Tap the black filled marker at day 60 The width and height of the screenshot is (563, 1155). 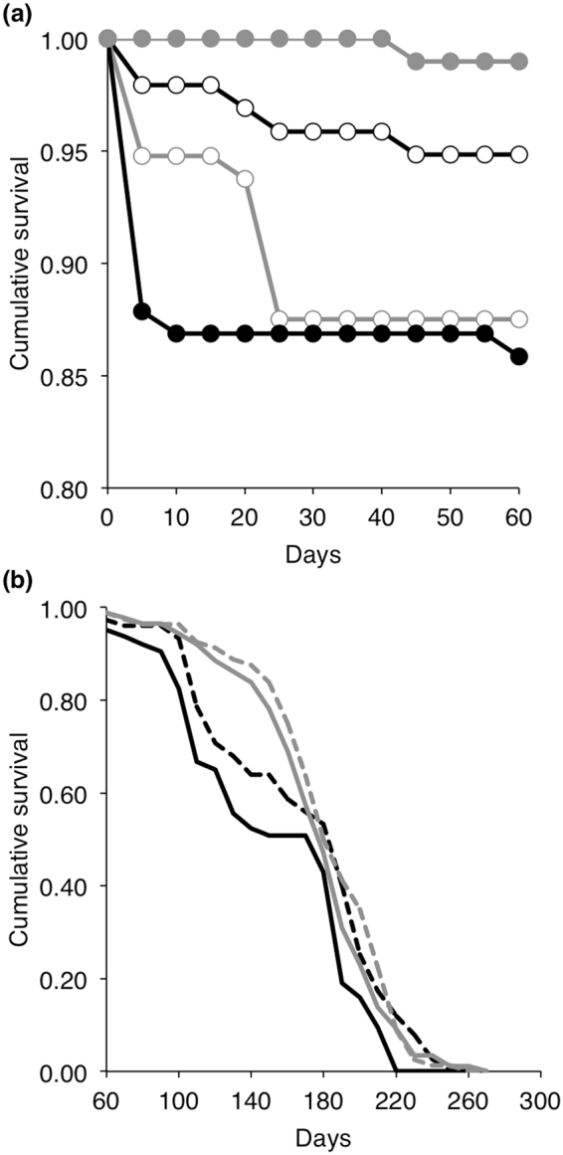click(518, 357)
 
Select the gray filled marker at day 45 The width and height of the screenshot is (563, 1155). click(416, 62)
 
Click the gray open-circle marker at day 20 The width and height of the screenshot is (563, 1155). click(245, 178)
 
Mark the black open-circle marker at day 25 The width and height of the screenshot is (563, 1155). click(280, 131)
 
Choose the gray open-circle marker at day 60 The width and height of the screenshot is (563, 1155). click(518, 318)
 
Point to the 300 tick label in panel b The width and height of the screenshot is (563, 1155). click(539, 1100)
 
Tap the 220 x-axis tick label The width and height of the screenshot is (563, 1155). click(395, 1100)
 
